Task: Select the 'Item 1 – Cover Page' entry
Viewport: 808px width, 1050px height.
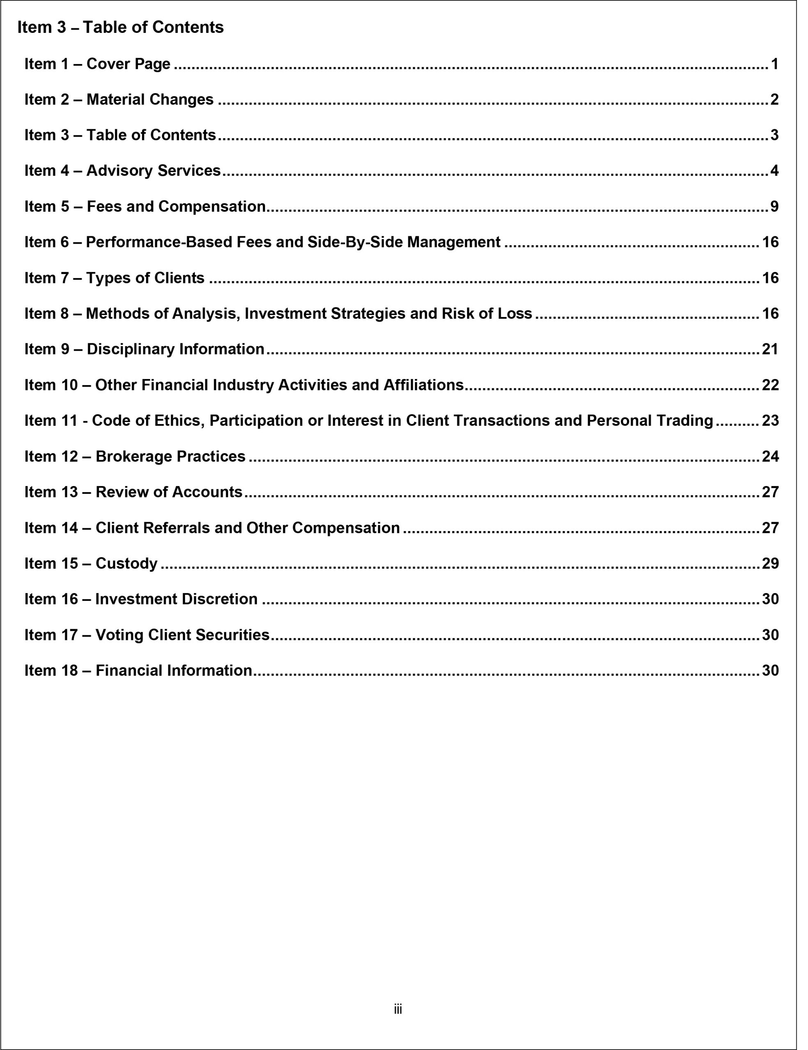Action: (x=98, y=64)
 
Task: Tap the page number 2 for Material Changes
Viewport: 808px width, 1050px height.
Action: (x=785, y=100)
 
